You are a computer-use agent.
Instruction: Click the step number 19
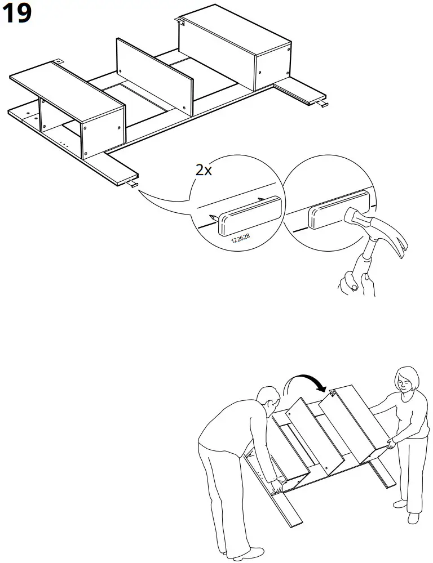point(16,13)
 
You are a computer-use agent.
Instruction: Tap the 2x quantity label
point(204,170)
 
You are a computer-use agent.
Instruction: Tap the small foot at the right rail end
point(321,104)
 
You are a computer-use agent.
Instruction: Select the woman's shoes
point(407,509)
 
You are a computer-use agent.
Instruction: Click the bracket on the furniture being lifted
point(333,393)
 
